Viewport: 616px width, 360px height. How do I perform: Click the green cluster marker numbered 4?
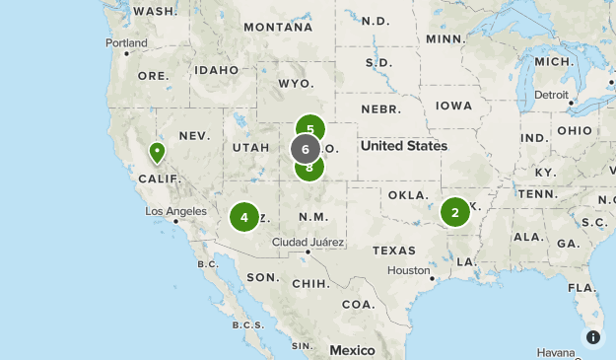coord(244,217)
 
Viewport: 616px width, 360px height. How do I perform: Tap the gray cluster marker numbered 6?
coord(306,149)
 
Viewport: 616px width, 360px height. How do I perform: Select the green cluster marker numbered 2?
coord(454,212)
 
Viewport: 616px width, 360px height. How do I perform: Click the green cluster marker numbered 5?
coord(310,128)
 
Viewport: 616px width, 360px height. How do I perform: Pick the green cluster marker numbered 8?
coord(309,168)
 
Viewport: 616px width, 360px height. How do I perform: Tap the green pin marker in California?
coord(157,153)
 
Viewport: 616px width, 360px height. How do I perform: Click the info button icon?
coord(593,337)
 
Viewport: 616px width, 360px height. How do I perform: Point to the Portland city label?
coord(127,43)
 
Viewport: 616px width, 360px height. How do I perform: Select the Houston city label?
coord(407,270)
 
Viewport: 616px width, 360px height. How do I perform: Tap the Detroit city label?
coord(552,95)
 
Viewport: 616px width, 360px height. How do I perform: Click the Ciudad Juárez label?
coord(308,242)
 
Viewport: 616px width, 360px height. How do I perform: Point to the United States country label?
coord(403,146)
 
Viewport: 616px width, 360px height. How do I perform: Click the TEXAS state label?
coord(393,251)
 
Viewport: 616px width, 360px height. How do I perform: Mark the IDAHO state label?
coord(216,70)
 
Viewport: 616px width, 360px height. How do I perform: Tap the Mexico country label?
coord(352,350)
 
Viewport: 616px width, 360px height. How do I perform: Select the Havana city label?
coord(558,352)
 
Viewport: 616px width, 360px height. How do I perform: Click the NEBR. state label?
coord(379,108)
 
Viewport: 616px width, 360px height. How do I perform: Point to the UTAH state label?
coord(250,147)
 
